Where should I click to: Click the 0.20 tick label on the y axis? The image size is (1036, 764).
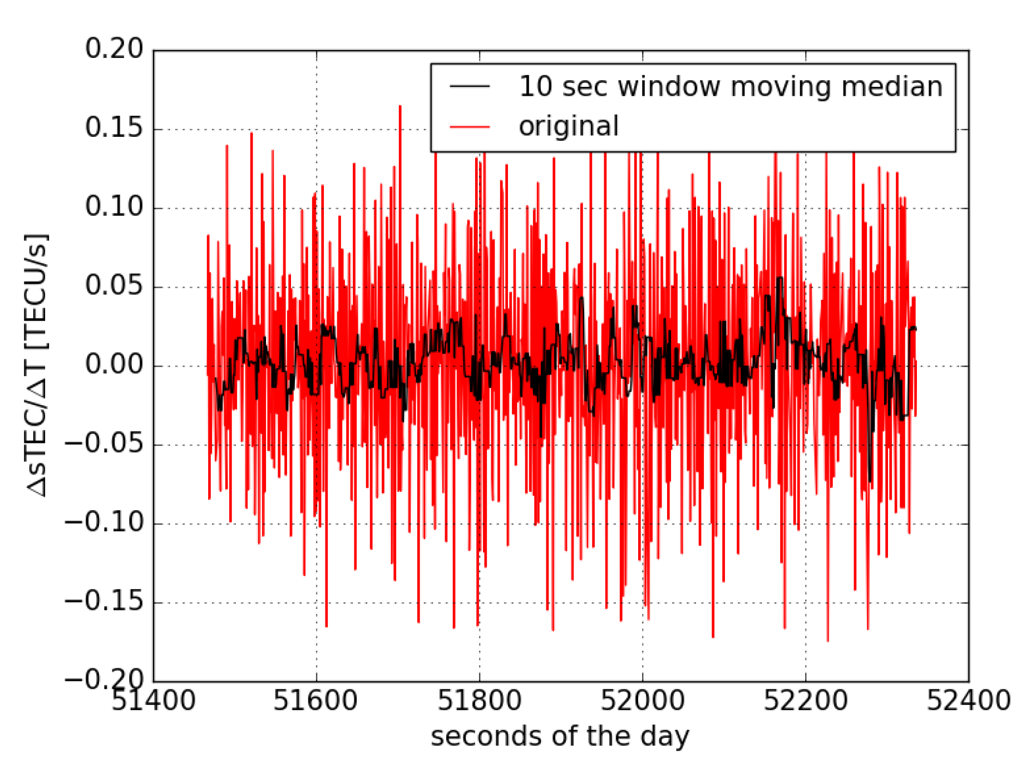pos(114,49)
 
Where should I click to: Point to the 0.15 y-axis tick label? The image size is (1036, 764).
pos(114,128)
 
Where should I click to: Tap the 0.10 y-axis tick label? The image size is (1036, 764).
pos(114,207)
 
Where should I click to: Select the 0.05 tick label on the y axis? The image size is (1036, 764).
pos(114,286)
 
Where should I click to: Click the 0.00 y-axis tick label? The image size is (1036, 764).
pos(114,365)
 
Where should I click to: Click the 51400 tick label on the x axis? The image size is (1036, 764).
pos(154,701)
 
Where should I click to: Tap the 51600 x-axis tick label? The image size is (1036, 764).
pos(315,701)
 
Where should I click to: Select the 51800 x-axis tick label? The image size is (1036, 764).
pos(479,701)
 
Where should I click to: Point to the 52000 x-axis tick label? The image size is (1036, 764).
pos(642,701)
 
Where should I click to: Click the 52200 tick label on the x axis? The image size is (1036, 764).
pos(805,701)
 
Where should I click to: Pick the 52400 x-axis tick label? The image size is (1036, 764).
pos(968,701)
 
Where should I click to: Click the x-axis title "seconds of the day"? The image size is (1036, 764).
pos(560,737)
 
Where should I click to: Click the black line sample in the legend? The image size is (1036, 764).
pos(470,86)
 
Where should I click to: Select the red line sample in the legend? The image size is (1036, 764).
pos(470,127)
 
